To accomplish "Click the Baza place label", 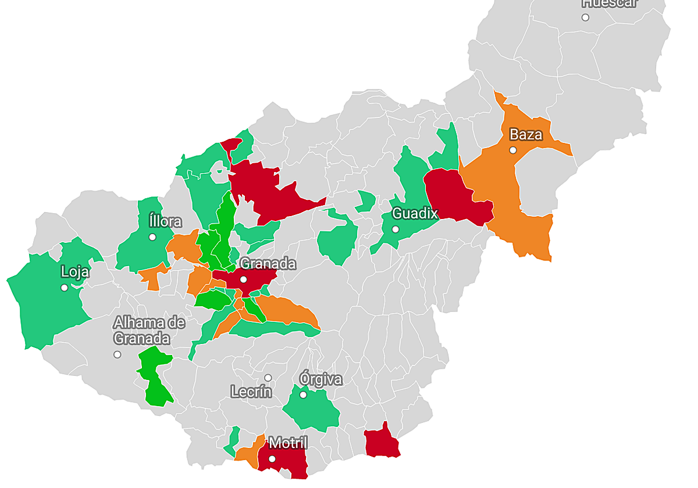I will coord(526,135).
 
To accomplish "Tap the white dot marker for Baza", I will coord(512,150).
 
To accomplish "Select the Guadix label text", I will coord(414,213).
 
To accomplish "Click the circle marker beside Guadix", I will coord(396,229).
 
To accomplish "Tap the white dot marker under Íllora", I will coord(152,236).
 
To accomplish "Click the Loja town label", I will coord(75,271).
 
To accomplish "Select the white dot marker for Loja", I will coord(64,288).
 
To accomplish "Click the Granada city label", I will coord(268,264).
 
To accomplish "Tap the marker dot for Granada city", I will coord(244,279).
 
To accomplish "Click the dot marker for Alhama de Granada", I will coord(117,354).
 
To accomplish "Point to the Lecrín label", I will coord(251,392).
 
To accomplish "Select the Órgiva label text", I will coord(320,379).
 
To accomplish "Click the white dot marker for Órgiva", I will coord(303,395).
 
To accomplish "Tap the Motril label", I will coord(288,443).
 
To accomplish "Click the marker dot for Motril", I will coord(272,459).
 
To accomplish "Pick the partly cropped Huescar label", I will coord(610,3).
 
